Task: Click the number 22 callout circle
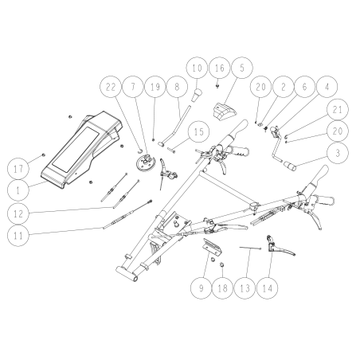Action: click(x=112, y=86)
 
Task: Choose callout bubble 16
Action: click(x=219, y=69)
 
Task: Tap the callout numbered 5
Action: click(x=242, y=69)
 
